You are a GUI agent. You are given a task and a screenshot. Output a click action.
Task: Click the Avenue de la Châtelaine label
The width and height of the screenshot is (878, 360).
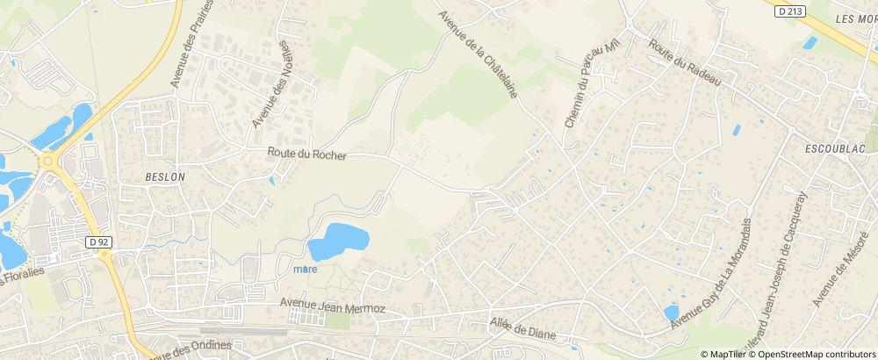coord(477,54)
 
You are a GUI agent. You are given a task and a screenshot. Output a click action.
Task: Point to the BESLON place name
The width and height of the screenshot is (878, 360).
coord(165,176)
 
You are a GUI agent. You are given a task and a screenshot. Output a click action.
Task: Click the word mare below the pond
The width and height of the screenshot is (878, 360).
coord(305,270)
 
